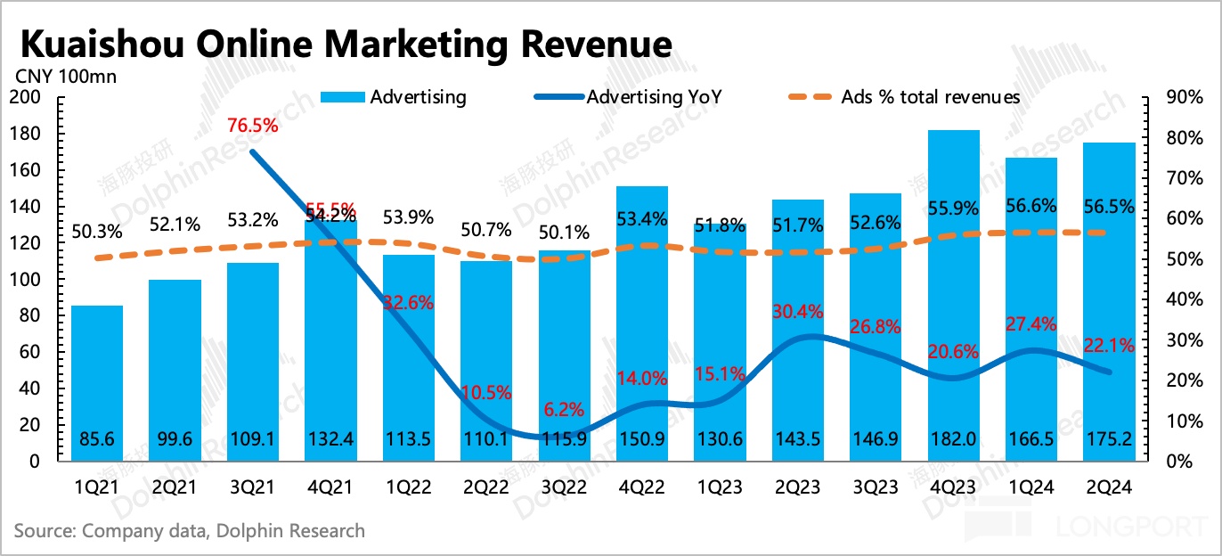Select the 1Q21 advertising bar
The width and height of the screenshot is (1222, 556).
click(97, 383)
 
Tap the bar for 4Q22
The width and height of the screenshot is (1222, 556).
click(642, 321)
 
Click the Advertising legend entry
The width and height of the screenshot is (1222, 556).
click(418, 97)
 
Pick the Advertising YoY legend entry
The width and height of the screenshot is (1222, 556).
click(654, 97)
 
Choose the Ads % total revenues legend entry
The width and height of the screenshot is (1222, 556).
click(930, 97)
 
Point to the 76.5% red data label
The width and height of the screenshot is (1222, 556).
click(252, 126)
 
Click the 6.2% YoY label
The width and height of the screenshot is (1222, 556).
click(565, 410)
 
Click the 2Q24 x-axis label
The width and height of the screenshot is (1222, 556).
click(1108, 487)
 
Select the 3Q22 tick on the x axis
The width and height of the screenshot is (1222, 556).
click(565, 487)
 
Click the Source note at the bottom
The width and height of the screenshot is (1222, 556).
click(190, 531)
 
